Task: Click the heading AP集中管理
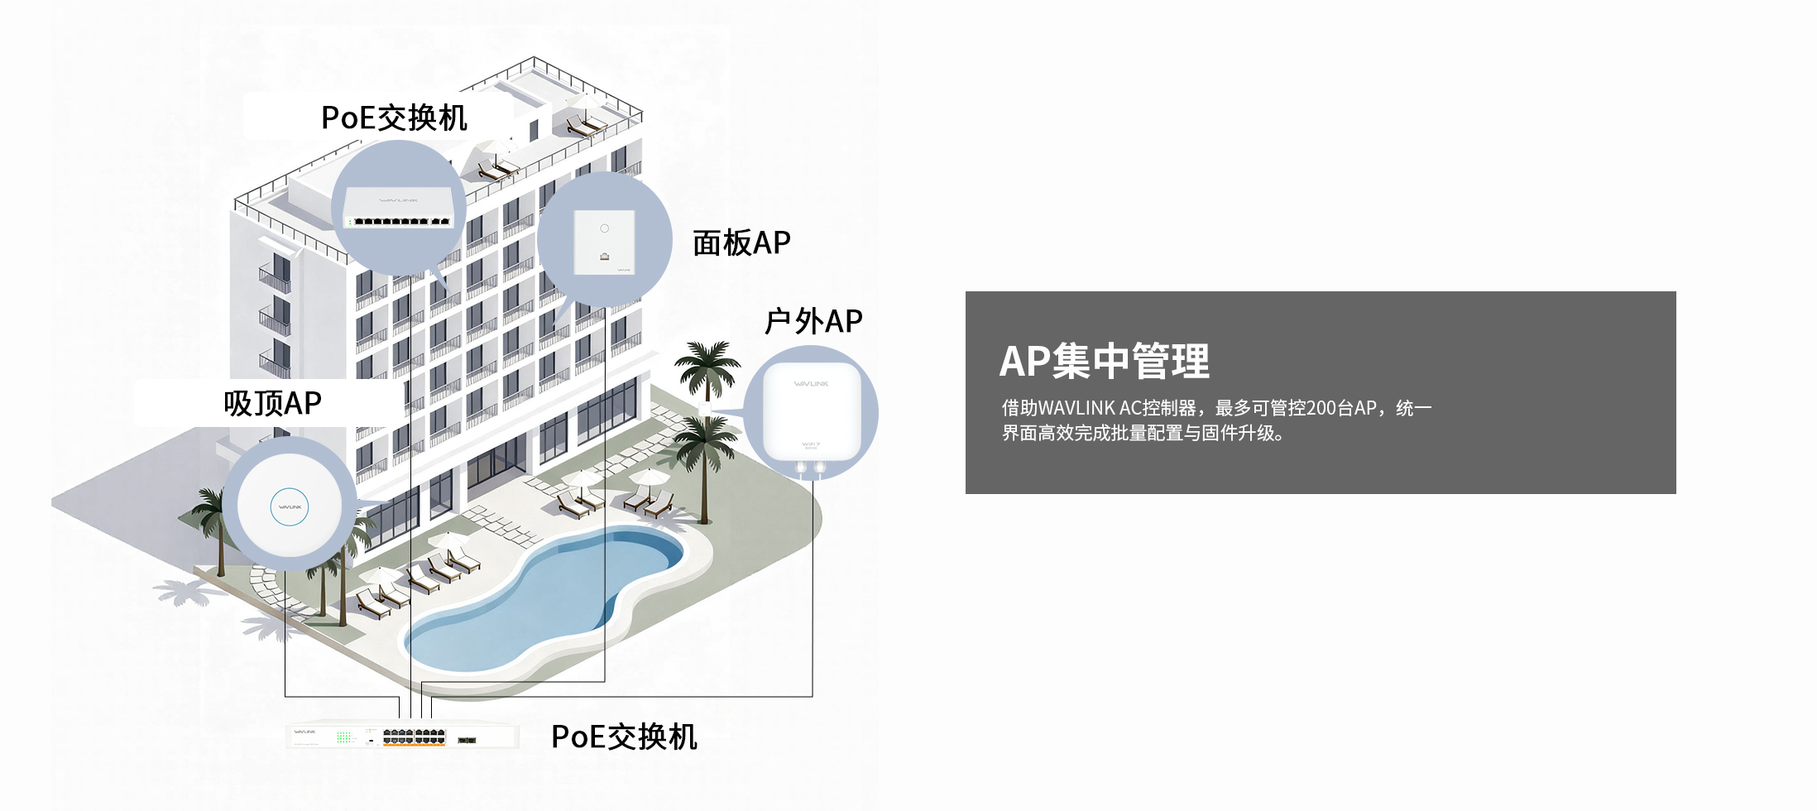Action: pyautogui.click(x=1104, y=361)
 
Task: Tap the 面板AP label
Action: pyautogui.click(x=741, y=243)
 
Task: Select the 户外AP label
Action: pyautogui.click(x=813, y=321)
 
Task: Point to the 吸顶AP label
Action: pyautogui.click(x=272, y=403)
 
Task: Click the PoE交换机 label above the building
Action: pyautogui.click(x=394, y=118)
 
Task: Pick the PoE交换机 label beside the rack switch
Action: pyautogui.click(x=624, y=737)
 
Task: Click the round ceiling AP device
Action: pyautogui.click(x=290, y=506)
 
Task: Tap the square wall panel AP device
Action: pyautogui.click(x=605, y=242)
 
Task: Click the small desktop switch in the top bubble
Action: pyautogui.click(x=399, y=208)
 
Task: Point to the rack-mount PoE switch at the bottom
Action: pyautogui.click(x=402, y=736)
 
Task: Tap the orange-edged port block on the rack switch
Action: pyautogui.click(x=414, y=737)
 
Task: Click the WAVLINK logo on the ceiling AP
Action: pyautogui.click(x=290, y=507)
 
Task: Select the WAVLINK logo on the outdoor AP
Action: pyautogui.click(x=811, y=384)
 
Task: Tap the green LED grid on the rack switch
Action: pyautogui.click(x=344, y=737)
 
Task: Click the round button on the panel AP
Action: pyautogui.click(x=605, y=228)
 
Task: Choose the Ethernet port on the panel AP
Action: pyautogui.click(x=605, y=257)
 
